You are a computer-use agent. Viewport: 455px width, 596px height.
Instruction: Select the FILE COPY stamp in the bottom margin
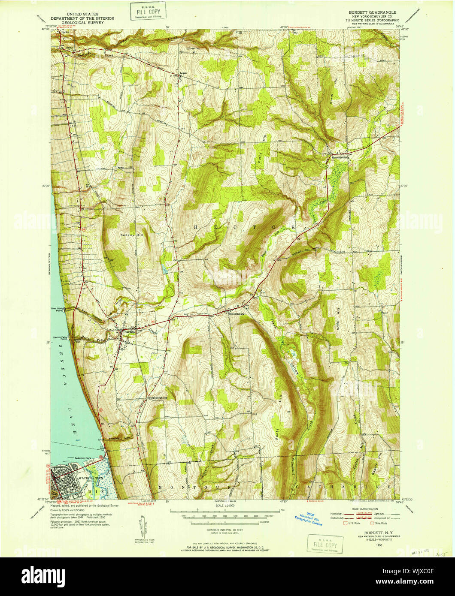click(325, 543)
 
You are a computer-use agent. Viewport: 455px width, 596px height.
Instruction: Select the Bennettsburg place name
click(237, 314)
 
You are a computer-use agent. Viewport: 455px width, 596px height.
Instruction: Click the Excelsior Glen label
click(121, 438)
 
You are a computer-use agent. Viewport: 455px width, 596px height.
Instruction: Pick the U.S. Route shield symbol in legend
click(345, 523)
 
